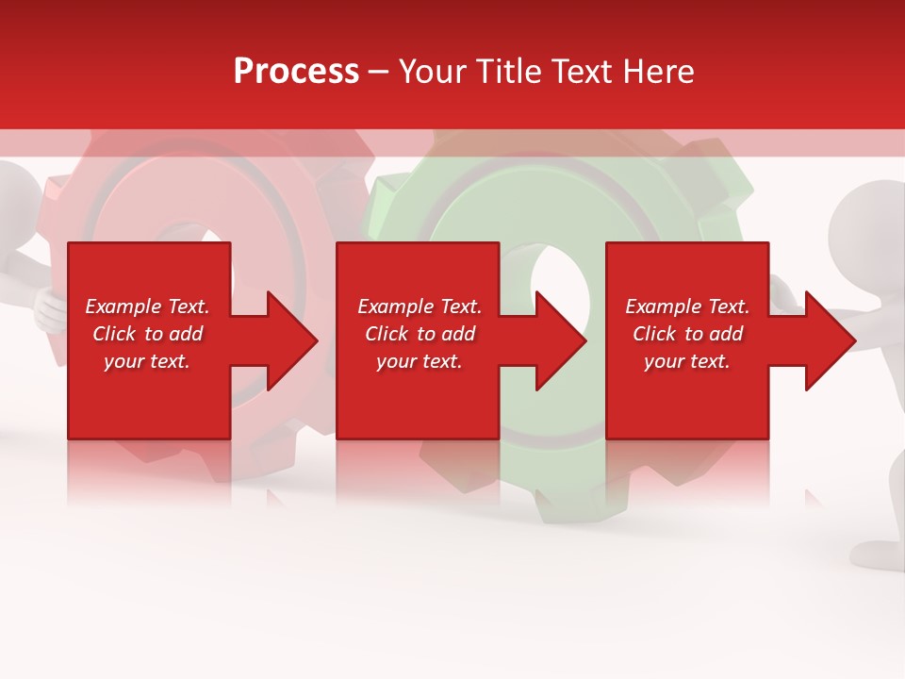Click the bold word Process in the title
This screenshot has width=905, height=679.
(296, 71)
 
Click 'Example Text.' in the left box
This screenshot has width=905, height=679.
(147, 306)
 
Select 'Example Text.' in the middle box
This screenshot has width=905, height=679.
(420, 306)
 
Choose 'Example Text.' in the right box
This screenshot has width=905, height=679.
(687, 306)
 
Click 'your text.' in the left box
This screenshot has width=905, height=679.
(147, 361)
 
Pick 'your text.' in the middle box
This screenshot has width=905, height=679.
(420, 361)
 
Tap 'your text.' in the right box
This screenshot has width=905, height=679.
(687, 361)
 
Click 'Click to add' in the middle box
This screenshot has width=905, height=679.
(420, 334)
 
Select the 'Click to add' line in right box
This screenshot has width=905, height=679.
(687, 334)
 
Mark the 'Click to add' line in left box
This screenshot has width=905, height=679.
(147, 334)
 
